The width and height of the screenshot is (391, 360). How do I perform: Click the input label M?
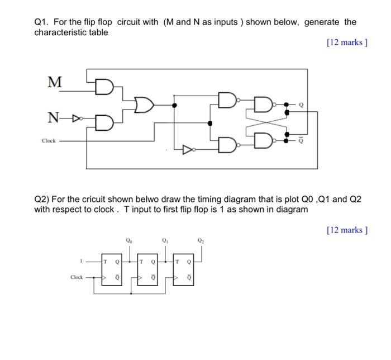(x=54, y=82)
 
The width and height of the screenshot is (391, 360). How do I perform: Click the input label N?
(x=53, y=118)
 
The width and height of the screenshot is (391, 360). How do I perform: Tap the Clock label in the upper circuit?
(x=50, y=141)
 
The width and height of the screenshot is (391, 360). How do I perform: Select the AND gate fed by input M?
(x=104, y=87)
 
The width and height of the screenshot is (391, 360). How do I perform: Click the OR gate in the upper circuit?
(x=145, y=104)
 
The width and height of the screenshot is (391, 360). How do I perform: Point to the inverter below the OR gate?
(x=189, y=149)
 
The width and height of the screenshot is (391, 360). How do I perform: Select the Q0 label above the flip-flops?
(x=130, y=241)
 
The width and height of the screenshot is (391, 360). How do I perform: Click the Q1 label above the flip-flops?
(x=165, y=241)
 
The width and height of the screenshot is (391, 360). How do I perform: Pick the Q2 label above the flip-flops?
(x=200, y=241)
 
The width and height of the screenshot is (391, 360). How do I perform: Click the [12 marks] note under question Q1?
(x=347, y=42)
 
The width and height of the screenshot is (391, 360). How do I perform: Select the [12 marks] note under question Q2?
(x=347, y=230)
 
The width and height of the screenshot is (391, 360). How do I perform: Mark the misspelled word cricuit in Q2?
(x=93, y=199)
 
